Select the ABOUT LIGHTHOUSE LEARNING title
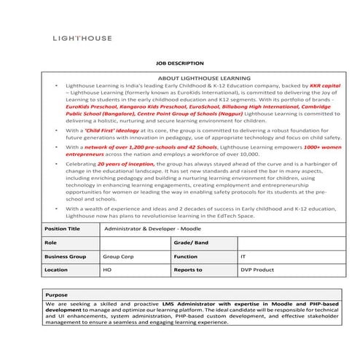pos(204,77)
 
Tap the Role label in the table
pos(50,242)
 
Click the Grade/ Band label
pos(189,242)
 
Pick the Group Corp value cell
pos(117,257)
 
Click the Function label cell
pos(186,257)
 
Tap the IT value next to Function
pos(243,257)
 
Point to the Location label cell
pos(56,270)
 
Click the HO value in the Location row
pos(107,270)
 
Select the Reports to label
pos(188,270)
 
